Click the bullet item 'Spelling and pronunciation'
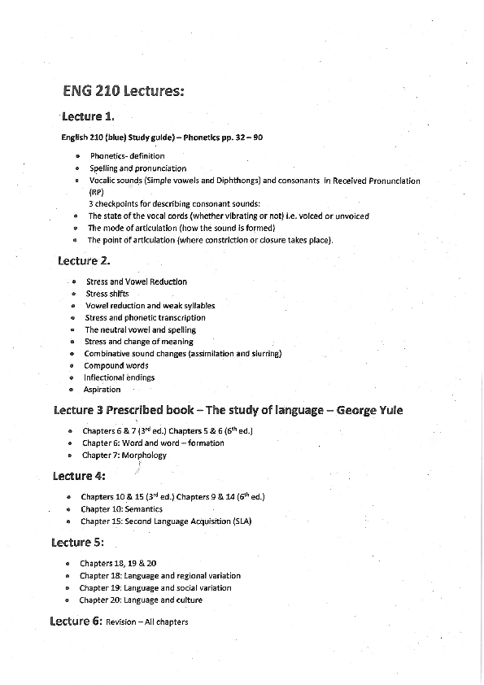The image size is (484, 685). pyautogui.click(x=137, y=168)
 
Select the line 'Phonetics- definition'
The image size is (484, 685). pyautogui.click(x=127, y=156)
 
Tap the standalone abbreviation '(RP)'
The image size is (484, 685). pyautogui.click(x=97, y=192)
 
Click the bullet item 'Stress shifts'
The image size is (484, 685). pyautogui.click(x=107, y=294)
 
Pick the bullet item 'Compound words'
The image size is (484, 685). pyautogui.click(x=116, y=365)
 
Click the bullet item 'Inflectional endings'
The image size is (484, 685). pyautogui.click(x=119, y=377)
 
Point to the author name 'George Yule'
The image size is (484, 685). pyautogui.click(x=370, y=410)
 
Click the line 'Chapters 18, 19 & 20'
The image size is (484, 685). pyautogui.click(x=118, y=563)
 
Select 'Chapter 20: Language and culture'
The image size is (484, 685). pyautogui.click(x=141, y=600)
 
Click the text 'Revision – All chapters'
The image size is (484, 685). pyautogui.click(x=147, y=622)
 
